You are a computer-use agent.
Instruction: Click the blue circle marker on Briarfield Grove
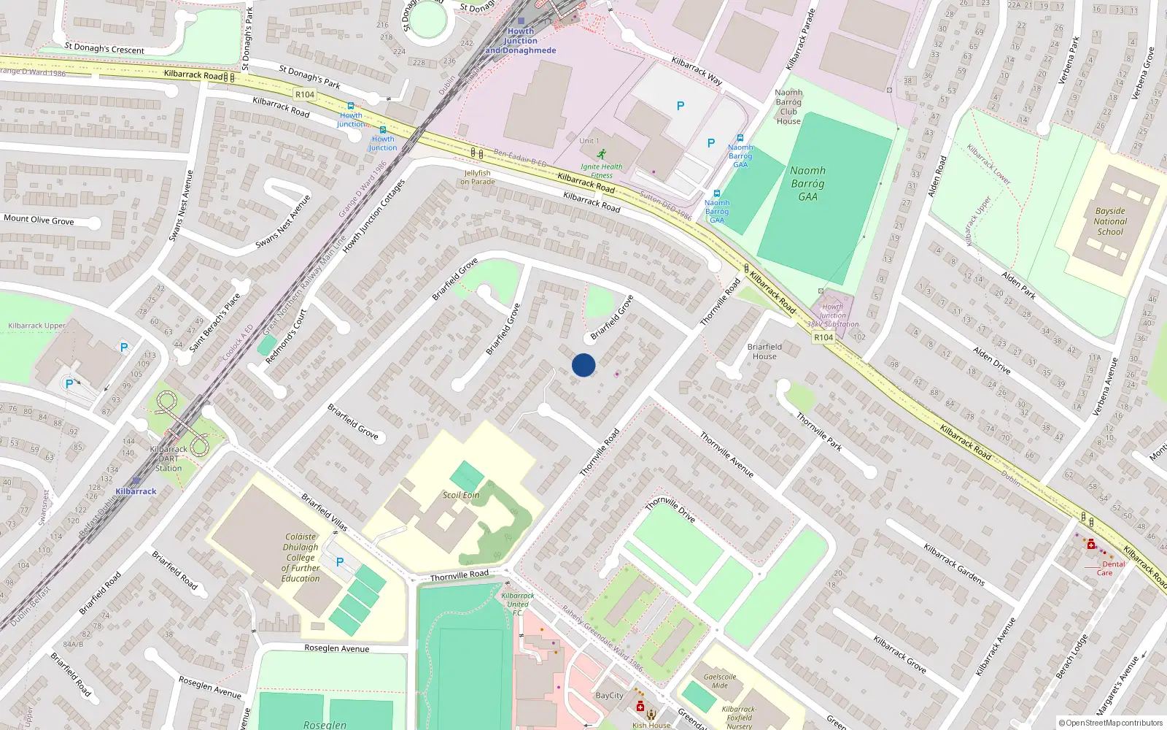point(583,365)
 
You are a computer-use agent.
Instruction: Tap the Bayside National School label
point(1110,221)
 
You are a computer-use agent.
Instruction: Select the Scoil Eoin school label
point(461,495)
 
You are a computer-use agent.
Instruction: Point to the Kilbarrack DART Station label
point(168,458)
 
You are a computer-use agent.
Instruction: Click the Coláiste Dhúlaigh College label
point(301,557)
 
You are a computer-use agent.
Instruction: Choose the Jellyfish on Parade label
point(477,177)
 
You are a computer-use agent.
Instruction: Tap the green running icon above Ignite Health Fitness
point(601,155)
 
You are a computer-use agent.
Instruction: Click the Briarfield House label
point(764,351)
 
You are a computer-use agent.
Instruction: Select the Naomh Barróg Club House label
point(788,107)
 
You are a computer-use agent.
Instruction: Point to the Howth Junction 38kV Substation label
point(832,315)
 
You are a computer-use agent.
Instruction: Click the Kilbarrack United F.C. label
point(518,604)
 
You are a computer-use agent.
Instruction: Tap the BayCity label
point(609,695)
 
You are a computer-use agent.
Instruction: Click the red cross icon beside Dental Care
point(1091,545)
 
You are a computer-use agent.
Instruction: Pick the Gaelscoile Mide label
point(720,680)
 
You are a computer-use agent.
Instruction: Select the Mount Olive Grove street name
point(39,220)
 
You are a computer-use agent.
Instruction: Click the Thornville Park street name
point(819,431)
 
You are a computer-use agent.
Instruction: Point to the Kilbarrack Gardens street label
point(954,564)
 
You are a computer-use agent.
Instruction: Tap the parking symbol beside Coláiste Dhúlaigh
point(340,562)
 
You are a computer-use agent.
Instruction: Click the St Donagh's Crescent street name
point(104,48)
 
